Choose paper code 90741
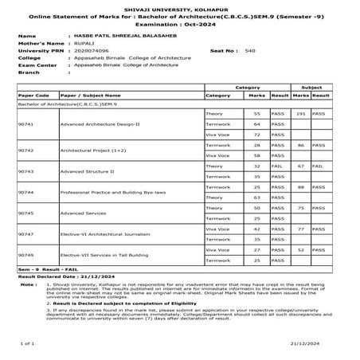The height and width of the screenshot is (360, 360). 25,124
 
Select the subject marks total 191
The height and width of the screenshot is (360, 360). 300,114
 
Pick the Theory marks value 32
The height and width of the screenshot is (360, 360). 257,166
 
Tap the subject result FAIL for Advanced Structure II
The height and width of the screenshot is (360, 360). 318,166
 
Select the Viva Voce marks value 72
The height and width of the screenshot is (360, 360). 257,135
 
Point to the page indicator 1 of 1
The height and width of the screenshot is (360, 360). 25,342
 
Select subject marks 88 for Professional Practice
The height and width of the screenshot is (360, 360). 300,186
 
